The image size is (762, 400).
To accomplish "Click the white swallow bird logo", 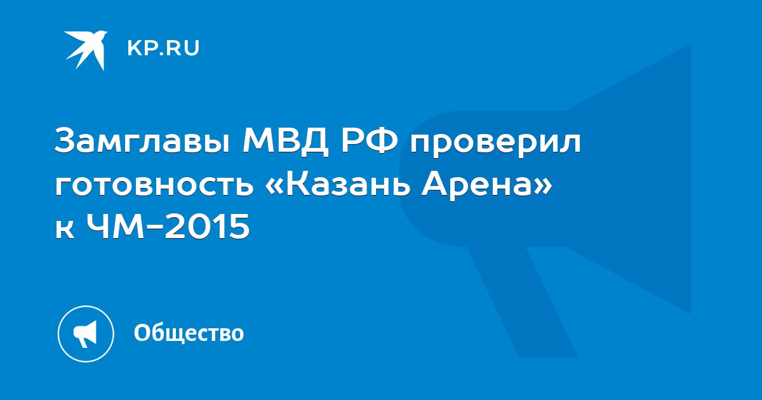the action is (x=86, y=50).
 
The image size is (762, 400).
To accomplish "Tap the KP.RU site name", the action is (x=163, y=48).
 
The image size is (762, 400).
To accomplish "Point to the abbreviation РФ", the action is (x=370, y=140).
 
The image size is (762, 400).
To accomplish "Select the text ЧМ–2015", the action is (x=168, y=226).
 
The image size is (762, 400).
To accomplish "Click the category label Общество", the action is (x=189, y=333).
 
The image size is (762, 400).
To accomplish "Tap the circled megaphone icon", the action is (x=86, y=334).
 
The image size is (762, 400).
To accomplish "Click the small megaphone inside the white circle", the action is (x=85, y=334).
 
